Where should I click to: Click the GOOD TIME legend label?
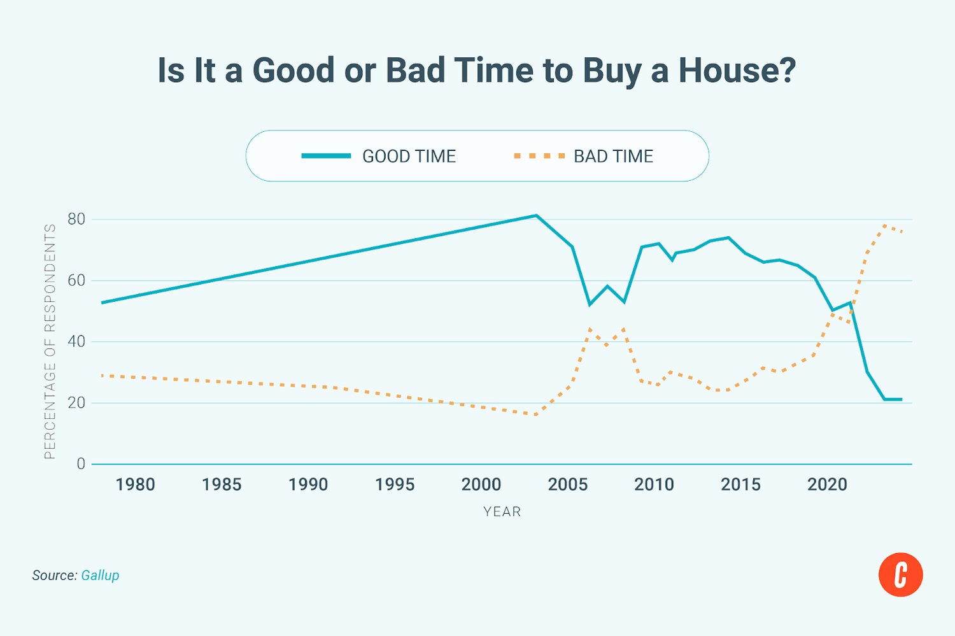409,156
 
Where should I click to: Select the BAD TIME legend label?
613,156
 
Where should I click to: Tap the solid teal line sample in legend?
326,156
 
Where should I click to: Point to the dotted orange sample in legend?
539,156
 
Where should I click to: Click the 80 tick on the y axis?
76,219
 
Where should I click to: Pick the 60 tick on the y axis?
76,280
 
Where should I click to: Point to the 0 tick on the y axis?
81,464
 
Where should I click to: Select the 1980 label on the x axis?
135,484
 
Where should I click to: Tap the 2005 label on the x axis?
567,484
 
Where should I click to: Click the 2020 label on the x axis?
827,484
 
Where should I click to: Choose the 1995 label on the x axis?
395,484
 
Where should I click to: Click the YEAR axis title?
502,512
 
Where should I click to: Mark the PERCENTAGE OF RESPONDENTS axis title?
50,341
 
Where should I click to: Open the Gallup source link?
100,576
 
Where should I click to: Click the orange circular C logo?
900,575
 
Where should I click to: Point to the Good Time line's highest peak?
536,215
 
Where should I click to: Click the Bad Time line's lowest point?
536,414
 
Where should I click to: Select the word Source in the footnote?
54,576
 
